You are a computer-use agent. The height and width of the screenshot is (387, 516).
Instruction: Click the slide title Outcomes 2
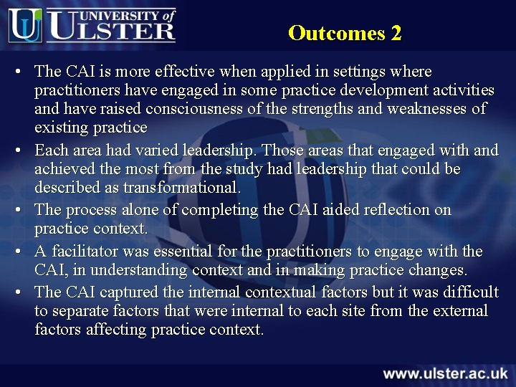[345, 33]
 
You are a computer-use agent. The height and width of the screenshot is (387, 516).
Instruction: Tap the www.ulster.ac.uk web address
[445, 373]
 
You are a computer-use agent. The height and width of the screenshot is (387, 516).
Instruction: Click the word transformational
[181, 188]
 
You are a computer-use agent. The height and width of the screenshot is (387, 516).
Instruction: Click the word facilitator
[84, 252]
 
